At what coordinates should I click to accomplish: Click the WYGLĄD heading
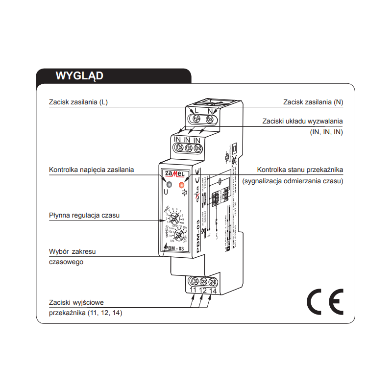[79, 76]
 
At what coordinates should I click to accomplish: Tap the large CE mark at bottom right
[325, 302]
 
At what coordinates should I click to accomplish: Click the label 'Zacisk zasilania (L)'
[78, 102]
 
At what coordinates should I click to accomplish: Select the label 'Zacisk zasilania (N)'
[313, 102]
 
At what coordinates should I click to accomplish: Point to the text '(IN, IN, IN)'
[326, 132]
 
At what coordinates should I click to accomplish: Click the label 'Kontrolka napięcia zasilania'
[91, 170]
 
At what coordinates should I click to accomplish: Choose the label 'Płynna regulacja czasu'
[84, 215]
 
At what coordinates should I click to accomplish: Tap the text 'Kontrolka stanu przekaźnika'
[300, 170]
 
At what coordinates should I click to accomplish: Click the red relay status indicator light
[182, 185]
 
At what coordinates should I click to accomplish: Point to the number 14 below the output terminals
[213, 291]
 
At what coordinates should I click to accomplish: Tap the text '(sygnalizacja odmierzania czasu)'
[293, 181]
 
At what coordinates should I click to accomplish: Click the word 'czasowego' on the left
[66, 262]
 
